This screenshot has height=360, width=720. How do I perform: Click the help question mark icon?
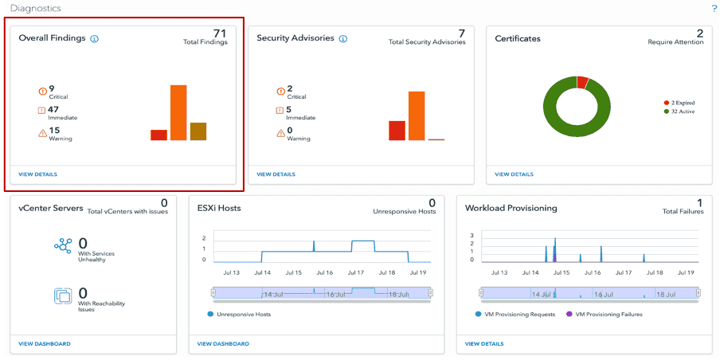coord(714,8)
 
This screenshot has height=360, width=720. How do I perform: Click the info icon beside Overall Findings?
coord(94,38)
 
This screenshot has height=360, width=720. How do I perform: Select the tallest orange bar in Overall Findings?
coord(178,112)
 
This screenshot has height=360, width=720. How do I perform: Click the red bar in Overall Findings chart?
coord(158,135)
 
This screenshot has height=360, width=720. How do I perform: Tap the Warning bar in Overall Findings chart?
coord(198,131)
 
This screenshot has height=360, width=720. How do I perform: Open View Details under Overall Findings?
coord(37,174)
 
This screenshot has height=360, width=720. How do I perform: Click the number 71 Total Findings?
coord(220,33)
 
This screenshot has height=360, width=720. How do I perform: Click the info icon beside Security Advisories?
coord(343,38)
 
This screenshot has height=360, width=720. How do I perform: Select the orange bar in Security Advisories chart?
coord(417,115)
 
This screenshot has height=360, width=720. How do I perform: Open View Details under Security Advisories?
coord(276,174)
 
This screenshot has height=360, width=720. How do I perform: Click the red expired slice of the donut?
coord(582,81)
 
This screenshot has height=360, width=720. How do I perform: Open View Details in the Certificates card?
coord(514,174)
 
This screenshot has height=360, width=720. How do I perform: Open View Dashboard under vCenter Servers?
coord(45,344)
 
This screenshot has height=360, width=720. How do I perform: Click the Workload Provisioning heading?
coord(511,208)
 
